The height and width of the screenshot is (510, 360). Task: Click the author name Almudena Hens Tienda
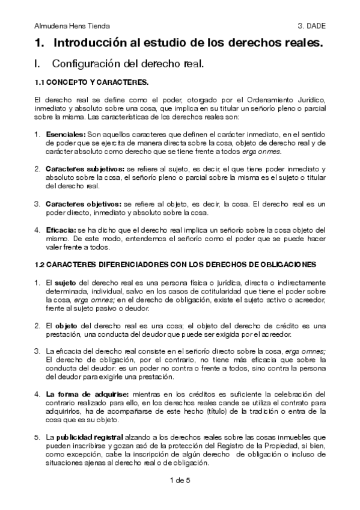(x=72, y=26)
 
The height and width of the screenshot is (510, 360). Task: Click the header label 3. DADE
(x=312, y=26)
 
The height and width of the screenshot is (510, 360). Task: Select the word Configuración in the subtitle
(x=84, y=63)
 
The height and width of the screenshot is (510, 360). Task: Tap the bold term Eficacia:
(x=61, y=230)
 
